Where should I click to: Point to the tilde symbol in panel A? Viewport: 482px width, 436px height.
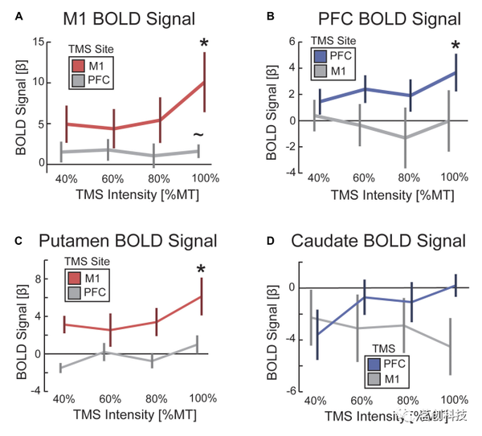[x=198, y=133]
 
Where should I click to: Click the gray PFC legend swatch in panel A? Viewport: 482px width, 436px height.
[x=79, y=81]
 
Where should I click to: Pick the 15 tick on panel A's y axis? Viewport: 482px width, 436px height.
[x=41, y=39]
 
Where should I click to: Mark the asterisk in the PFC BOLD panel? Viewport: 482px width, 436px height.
[x=456, y=46]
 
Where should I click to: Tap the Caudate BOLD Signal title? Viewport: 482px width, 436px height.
[x=379, y=241]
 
